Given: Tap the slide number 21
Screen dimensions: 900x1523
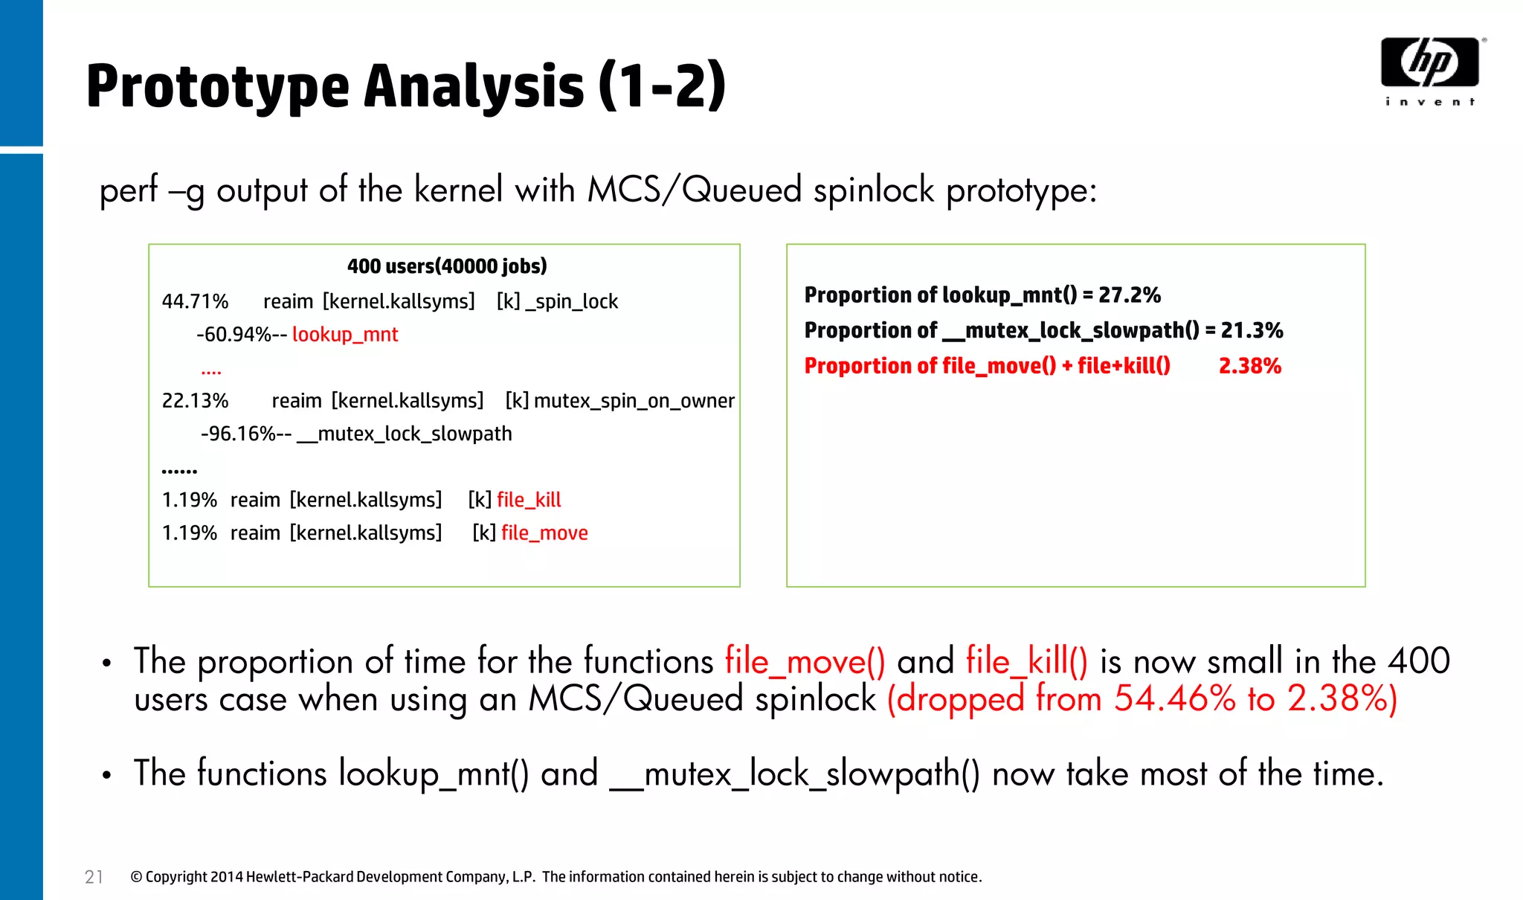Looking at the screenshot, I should (94, 877).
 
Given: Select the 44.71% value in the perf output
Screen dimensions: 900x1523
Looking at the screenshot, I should (195, 301).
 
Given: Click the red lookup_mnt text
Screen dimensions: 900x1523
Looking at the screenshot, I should (345, 335).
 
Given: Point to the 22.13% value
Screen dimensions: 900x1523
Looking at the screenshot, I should (195, 401).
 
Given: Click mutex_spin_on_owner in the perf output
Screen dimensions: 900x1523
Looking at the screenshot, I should (634, 401).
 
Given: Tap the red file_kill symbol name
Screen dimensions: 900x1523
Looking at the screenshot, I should (529, 500).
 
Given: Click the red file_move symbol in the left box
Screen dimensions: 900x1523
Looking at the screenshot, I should (544, 533).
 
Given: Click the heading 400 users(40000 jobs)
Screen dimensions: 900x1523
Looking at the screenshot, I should (447, 266).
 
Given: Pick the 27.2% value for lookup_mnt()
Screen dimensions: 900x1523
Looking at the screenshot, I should (1130, 295).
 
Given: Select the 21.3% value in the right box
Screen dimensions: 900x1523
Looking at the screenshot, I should (1252, 330).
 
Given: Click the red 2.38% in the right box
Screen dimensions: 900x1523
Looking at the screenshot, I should (1250, 366).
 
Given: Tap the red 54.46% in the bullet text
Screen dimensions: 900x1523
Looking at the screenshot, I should (1174, 699).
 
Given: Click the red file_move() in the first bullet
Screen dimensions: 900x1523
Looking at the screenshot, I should (805, 661).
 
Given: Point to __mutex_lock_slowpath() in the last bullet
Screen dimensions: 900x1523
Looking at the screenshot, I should (794, 774).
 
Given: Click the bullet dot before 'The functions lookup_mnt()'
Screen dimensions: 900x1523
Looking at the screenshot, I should (107, 775).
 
